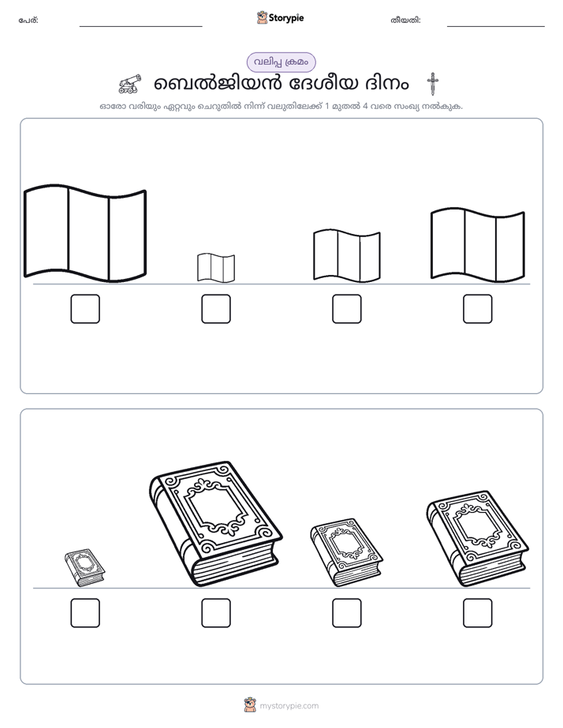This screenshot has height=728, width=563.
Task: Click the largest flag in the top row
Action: (85, 232)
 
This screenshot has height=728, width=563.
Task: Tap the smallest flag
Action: (216, 267)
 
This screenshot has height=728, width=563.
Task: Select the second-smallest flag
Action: (346, 255)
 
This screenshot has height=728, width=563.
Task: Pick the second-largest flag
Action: (478, 245)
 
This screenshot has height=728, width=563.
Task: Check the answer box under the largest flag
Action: (85, 309)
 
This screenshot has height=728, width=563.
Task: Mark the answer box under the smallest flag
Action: (216, 309)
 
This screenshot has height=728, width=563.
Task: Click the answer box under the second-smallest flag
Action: (346, 309)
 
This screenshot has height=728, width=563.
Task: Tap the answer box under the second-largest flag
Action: (478, 309)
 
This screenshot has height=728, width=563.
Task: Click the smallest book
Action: (84, 567)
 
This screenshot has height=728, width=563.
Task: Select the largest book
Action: (215, 524)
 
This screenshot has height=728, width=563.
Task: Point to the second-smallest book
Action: (346, 552)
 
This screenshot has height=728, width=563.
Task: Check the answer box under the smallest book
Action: (85, 613)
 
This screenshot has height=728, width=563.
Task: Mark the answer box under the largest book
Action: (216, 613)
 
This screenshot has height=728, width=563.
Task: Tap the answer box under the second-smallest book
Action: (346, 613)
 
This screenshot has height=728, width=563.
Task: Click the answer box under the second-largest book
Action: (478, 613)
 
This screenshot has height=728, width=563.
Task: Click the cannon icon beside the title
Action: (129, 84)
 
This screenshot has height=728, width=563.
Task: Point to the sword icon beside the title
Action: (432, 84)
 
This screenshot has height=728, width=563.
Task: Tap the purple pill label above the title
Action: (281, 62)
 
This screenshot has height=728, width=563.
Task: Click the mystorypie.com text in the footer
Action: (289, 706)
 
